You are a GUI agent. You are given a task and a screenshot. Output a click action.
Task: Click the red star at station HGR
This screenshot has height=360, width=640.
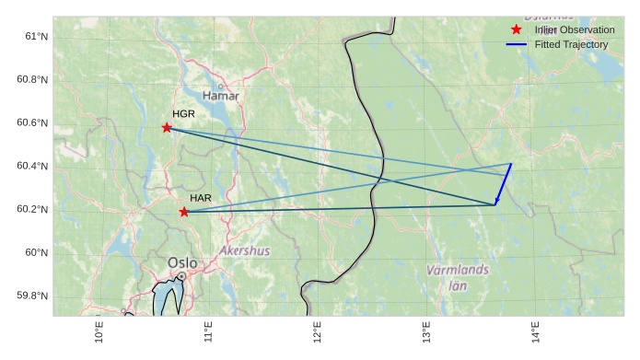167,128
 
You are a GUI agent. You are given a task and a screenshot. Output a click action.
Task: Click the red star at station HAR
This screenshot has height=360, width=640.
184,212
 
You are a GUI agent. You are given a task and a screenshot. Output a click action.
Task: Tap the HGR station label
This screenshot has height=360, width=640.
184,114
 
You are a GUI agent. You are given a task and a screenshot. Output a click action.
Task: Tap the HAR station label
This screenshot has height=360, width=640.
201,198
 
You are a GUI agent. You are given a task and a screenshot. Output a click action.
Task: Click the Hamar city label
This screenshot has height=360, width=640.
220,96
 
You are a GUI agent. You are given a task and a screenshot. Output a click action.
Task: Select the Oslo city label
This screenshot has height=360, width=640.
182,262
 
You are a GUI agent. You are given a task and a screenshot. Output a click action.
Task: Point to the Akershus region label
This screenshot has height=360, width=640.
245,250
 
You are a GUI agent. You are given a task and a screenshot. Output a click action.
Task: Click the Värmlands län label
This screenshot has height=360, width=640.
458,277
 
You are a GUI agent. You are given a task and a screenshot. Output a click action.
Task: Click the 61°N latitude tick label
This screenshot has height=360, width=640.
36,36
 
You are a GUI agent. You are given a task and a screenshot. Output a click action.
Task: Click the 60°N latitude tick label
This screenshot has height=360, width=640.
36,252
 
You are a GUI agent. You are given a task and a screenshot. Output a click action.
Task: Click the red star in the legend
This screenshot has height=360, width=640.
516,30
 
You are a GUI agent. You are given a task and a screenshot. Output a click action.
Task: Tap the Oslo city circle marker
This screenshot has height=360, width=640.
182,275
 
